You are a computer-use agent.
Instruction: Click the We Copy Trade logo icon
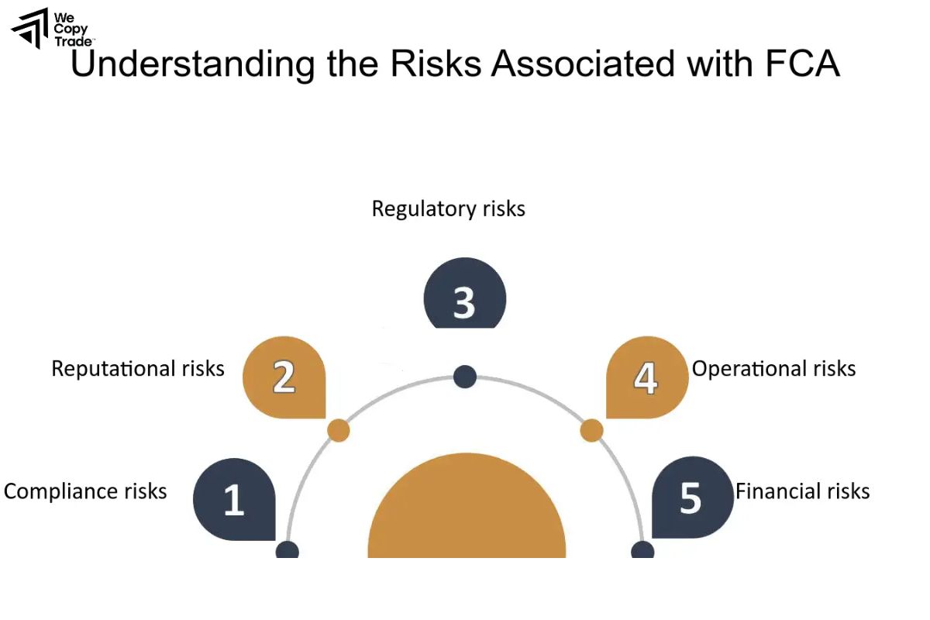(29, 29)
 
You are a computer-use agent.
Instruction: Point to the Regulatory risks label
(448, 208)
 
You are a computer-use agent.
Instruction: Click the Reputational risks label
(138, 368)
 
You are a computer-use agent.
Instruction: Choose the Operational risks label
(773, 368)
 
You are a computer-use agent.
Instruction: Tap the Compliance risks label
(85, 491)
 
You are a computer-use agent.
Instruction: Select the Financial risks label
(802, 491)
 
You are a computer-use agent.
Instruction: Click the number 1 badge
(234, 500)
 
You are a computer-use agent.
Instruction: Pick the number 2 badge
(284, 378)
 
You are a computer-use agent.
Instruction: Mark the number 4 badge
(646, 378)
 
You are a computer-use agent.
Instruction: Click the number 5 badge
(691, 498)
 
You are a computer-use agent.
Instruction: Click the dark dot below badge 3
(464, 377)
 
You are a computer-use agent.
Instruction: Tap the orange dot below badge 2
(339, 431)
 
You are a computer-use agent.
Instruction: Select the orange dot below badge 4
(591, 431)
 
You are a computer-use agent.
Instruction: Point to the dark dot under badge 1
(288, 551)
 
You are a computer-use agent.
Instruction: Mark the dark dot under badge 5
(642, 551)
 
